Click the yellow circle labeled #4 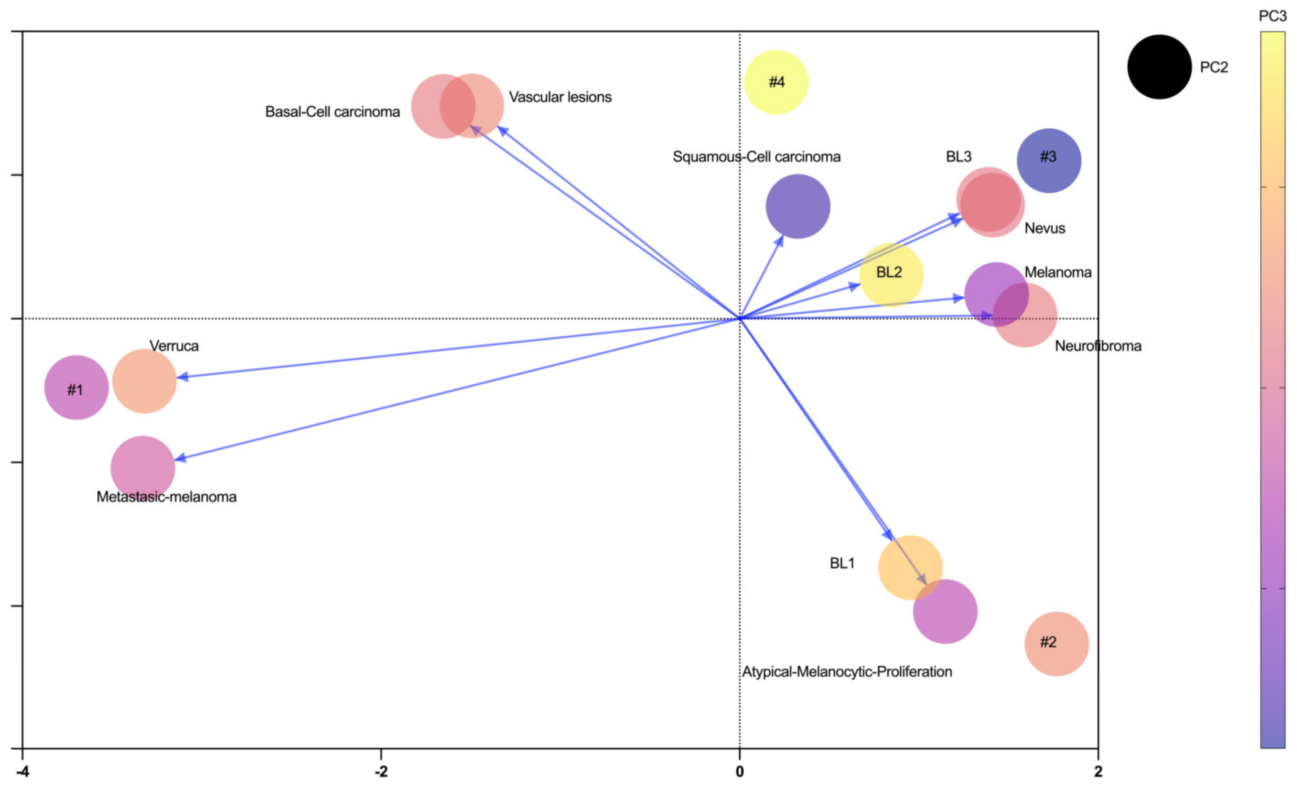[x=776, y=82]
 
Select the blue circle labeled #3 [x=1049, y=160]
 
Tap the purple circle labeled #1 [x=76, y=388]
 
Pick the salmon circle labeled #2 [x=1056, y=644]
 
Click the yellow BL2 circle [x=891, y=274]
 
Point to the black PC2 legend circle [x=1159, y=67]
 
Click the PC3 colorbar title [x=1272, y=16]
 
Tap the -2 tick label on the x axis [x=381, y=771]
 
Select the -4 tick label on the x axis [x=22, y=771]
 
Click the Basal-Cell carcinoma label [x=332, y=112]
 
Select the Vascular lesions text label [x=560, y=97]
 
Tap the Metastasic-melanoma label [x=166, y=497]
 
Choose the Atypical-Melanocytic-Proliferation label [x=846, y=671]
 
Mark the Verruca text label [x=174, y=346]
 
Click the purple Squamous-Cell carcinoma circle [x=797, y=206]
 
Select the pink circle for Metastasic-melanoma [x=142, y=468]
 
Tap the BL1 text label [x=842, y=563]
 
